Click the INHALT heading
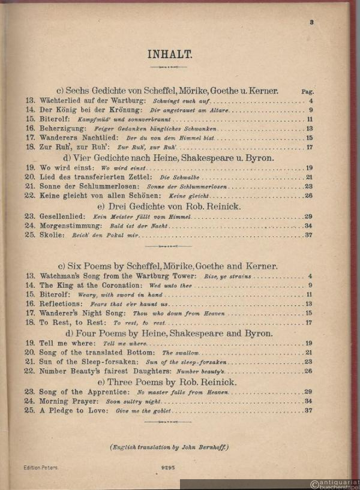pos(169,55)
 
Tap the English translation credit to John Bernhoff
pos(169,447)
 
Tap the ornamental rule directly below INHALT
pos(169,67)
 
